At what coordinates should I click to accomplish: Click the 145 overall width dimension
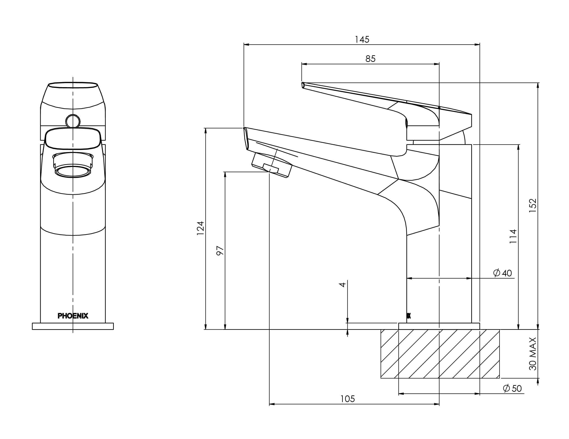pos(362,40)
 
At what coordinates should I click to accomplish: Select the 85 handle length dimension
pos(370,59)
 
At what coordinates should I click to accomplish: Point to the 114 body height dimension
pos(513,236)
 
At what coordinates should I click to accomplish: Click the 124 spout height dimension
pos(200,228)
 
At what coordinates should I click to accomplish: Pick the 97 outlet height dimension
pos(220,250)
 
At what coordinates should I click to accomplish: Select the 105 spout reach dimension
pos(348,399)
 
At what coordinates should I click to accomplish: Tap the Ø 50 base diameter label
pos(512,388)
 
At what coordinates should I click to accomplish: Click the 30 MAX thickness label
pos(533,354)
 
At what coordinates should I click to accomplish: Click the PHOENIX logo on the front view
pos(73,316)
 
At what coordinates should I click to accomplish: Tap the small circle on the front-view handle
pos(73,121)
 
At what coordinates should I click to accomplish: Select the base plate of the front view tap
pos(73,326)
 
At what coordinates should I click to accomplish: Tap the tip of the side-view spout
pos(245,138)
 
